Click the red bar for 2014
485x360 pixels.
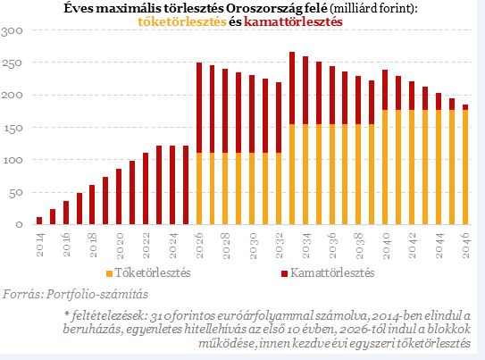tap(39, 221)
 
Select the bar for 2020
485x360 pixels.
tap(119, 197)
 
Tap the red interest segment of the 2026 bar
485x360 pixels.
tap(199, 107)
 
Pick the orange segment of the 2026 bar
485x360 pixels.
tap(199, 188)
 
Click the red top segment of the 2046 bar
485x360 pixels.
tap(465, 107)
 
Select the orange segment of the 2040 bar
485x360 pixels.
tap(385, 167)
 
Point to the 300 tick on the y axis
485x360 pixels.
tap(13, 31)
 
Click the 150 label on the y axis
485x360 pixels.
tap(13, 128)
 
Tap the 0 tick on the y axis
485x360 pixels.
tap(19, 224)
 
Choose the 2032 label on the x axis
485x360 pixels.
tap(279, 246)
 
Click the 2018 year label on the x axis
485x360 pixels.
tap(93, 246)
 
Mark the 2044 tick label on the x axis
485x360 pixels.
tap(439, 246)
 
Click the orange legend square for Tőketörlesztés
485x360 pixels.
tap(109, 273)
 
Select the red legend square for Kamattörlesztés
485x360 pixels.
tap(285, 273)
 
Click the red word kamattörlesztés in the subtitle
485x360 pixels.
tap(293, 21)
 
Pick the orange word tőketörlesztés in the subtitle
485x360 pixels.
tap(182, 21)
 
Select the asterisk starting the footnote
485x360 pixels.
tap(66, 314)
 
